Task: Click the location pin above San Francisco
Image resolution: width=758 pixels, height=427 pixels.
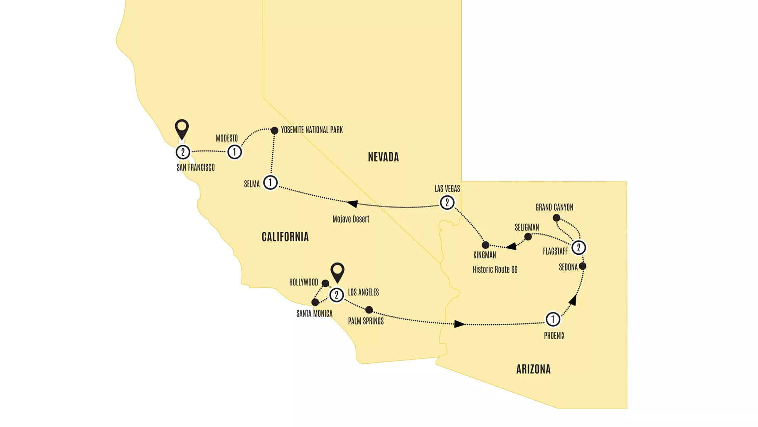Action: coord(182,128)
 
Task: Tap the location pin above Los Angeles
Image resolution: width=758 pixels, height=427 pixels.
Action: coord(337,271)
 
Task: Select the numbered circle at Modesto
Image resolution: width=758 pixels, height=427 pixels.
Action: coord(234,152)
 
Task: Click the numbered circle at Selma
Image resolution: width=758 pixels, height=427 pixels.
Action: coord(271,182)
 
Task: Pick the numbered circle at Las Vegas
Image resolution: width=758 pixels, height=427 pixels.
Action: coord(447,203)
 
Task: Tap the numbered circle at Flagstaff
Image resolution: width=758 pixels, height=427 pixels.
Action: coord(578,248)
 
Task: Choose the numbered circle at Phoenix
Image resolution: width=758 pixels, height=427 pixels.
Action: coord(553,319)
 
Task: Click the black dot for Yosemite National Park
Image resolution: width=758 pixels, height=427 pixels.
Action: coord(274,131)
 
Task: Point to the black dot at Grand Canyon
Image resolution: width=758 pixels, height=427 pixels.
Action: coord(556,218)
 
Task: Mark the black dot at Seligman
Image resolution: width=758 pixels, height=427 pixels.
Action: coord(528,237)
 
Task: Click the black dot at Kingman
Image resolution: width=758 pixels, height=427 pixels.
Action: coord(485,245)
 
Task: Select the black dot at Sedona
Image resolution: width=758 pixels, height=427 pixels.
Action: coord(583,266)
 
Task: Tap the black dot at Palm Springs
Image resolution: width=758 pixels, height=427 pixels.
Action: coord(369,310)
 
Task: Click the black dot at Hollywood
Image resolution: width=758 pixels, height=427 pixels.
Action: coord(325,283)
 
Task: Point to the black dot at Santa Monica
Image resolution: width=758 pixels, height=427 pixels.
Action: coord(315,302)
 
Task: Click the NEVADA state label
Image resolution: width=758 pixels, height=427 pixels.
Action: coord(383,157)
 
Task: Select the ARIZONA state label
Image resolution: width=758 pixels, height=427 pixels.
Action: coord(533,369)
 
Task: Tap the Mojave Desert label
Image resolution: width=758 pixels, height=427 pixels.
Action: coord(351,219)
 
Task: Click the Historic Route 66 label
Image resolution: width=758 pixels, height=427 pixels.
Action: coord(495,270)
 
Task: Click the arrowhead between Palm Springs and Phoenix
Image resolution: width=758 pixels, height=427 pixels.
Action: coord(459,324)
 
